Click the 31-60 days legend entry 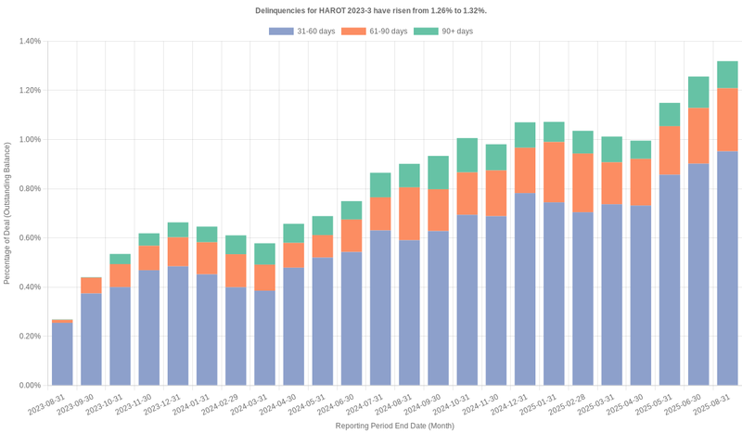click(x=302, y=32)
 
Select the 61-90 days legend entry click(x=374, y=32)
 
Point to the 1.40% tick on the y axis click(x=29, y=42)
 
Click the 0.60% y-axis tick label click(x=29, y=238)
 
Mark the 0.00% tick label click(x=29, y=386)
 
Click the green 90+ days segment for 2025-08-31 click(x=727, y=75)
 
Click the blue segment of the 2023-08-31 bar click(x=62, y=353)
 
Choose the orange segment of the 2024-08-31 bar click(x=409, y=213)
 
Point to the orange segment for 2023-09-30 click(x=91, y=286)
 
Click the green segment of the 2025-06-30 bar click(x=698, y=92)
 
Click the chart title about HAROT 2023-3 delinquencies click(x=371, y=10)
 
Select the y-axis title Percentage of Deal click(x=7, y=212)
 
